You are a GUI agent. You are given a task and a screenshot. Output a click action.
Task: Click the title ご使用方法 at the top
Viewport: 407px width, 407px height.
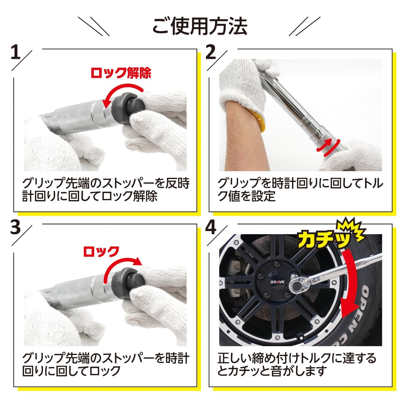pyautogui.click(x=200, y=26)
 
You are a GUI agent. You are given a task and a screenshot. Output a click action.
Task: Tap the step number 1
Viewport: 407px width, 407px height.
pyautogui.click(x=16, y=52)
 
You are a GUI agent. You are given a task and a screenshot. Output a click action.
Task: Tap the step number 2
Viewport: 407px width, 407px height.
pyautogui.click(x=210, y=52)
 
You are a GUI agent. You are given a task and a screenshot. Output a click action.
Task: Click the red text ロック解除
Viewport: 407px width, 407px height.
pyautogui.click(x=121, y=73)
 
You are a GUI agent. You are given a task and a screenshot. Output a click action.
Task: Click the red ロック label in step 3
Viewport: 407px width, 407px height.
pyautogui.click(x=101, y=251)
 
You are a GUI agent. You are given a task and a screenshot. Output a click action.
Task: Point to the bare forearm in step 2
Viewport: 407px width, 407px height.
pyautogui.click(x=244, y=132)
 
